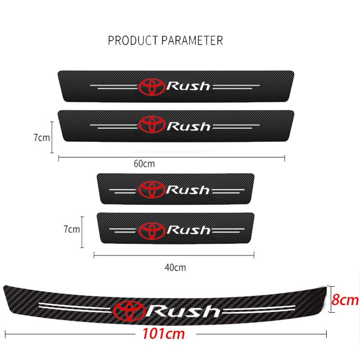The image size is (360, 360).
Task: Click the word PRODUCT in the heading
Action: pos(130,40)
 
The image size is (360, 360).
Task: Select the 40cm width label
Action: pos(175,268)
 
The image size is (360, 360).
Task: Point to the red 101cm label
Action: pos(163,334)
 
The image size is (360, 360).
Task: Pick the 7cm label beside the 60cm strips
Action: pos(42,138)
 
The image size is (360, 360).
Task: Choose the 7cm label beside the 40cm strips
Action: pos(72,229)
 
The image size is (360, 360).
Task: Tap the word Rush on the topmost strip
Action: pos(189,86)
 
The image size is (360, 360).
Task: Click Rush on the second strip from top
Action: pos(189,126)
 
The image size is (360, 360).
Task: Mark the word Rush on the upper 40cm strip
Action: pos(188,190)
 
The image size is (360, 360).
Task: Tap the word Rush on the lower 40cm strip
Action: pos(188,230)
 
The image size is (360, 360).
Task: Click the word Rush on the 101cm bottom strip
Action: pos(184,310)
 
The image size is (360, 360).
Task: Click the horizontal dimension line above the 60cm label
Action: pos(171,157)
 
